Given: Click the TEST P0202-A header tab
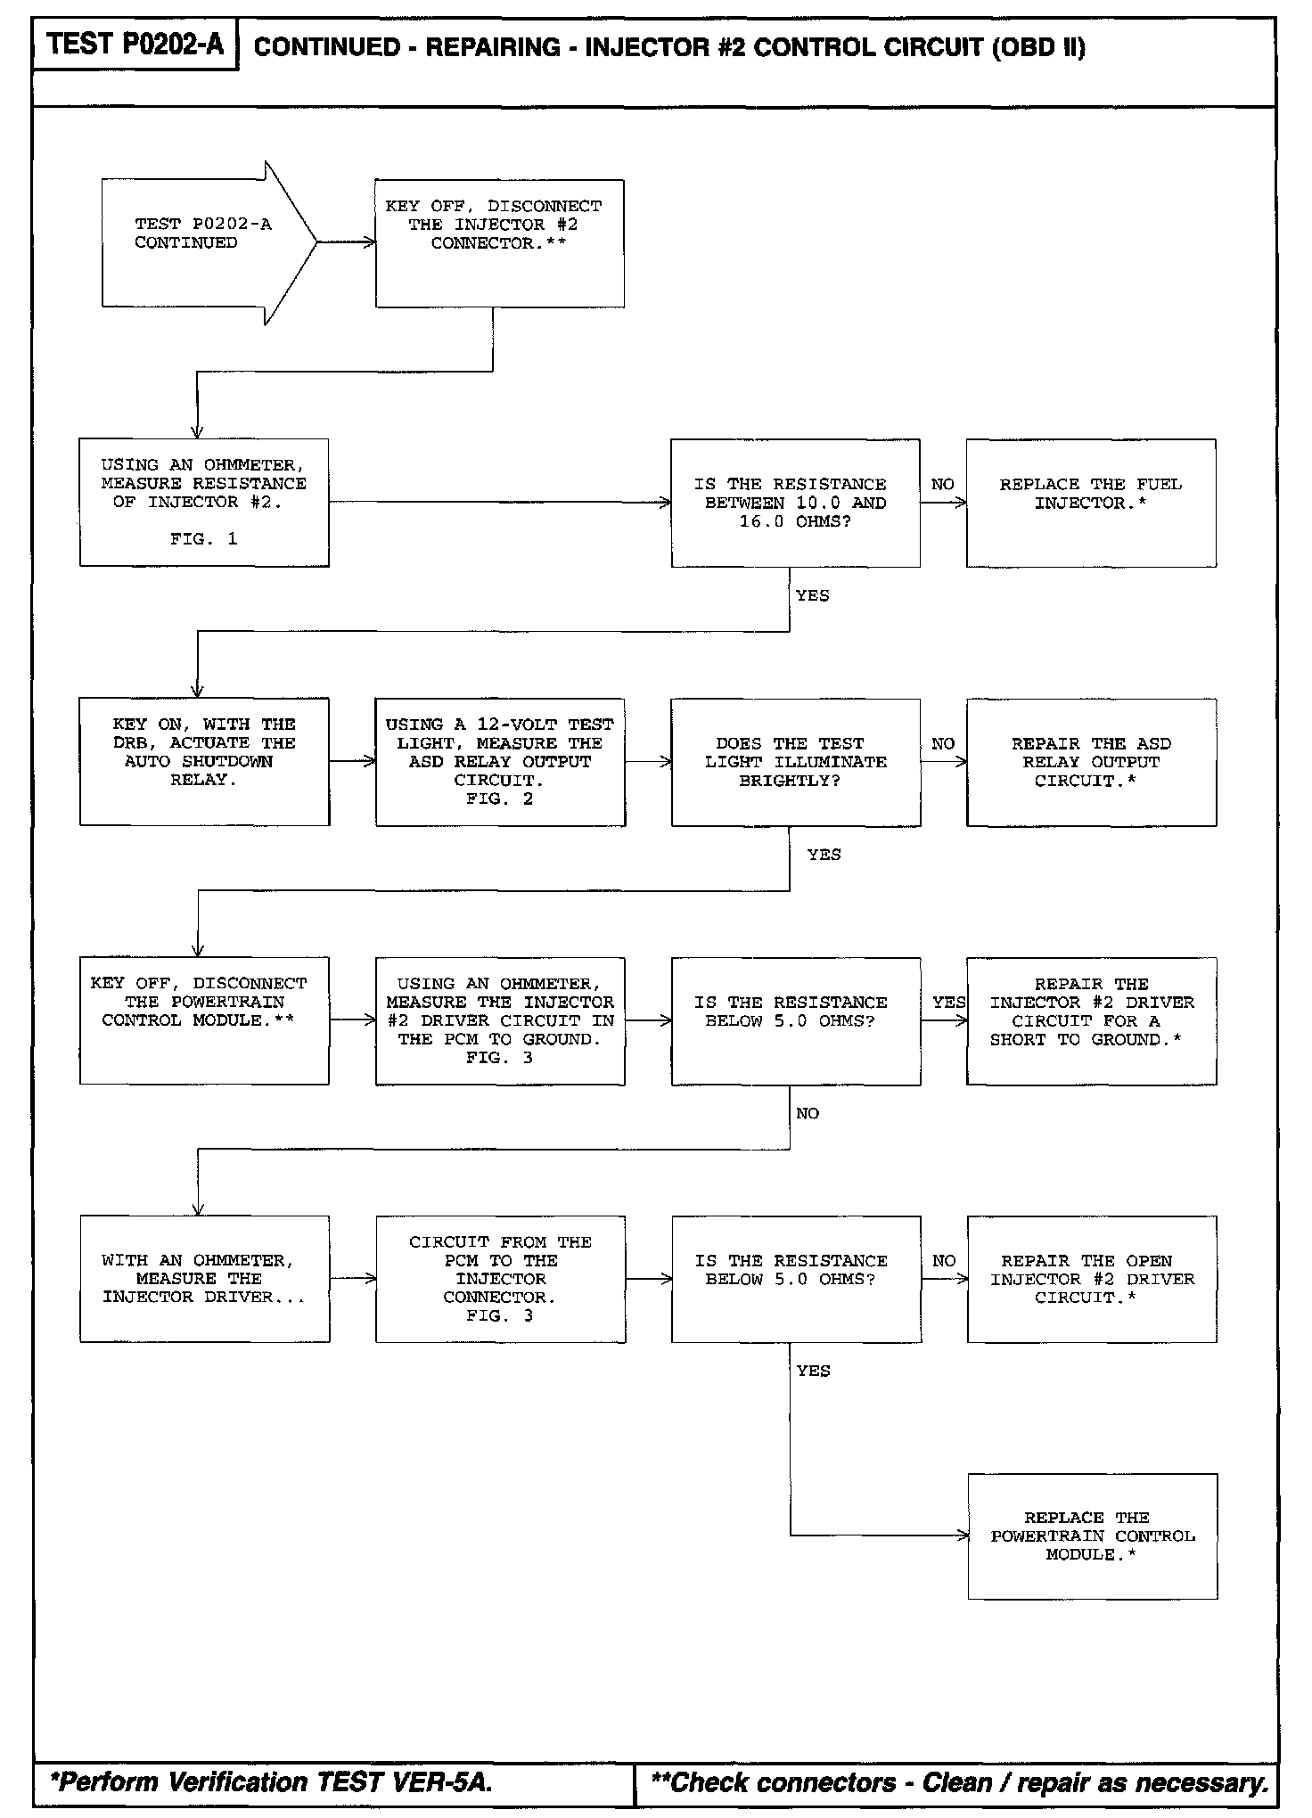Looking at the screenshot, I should pos(135,44).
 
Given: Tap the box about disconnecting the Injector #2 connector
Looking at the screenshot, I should pos(499,243).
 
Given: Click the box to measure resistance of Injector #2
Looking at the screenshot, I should pos(204,502).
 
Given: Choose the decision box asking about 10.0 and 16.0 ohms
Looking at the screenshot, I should pos(795,503).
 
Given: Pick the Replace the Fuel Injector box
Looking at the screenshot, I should pos(1091,503).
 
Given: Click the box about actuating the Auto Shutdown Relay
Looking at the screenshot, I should pos(204,761).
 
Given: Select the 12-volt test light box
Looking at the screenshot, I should pos(499,761).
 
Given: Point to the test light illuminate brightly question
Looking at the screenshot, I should pos(795,762).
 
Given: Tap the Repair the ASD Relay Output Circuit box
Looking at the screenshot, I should pos(1091,762).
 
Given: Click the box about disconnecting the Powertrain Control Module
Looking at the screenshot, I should pos(204,1020).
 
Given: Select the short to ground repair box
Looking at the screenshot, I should pos(1091,1020).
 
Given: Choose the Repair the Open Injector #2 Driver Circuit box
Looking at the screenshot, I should pos(1091,1279).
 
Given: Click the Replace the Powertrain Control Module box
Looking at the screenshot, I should pos(1092,1536).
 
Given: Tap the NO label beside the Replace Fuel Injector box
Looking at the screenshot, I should pos(942,484).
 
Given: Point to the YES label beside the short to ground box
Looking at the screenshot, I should pos(948,1002).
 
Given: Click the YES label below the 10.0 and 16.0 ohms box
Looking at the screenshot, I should pos(812,595).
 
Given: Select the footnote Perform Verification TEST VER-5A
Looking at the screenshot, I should pos(272,1782).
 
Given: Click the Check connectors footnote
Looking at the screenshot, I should pos(960,1782).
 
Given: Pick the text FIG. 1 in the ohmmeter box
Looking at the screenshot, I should pos(204,539).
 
